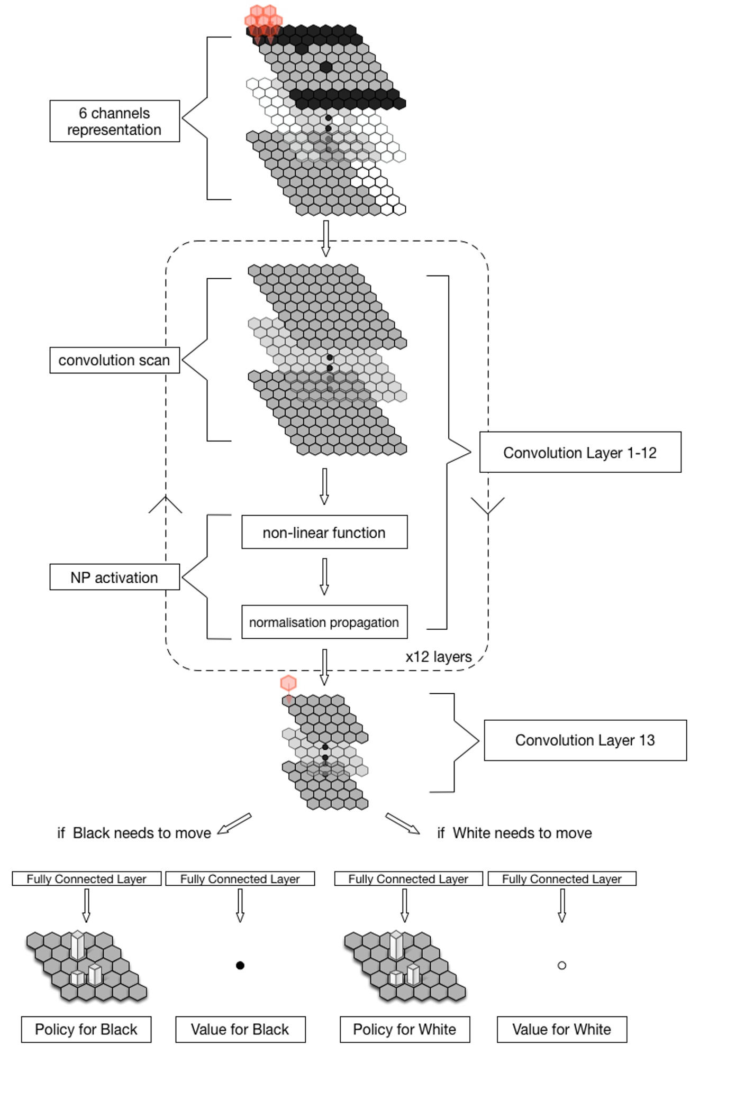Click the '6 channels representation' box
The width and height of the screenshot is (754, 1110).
click(114, 121)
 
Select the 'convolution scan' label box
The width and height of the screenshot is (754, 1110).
click(114, 360)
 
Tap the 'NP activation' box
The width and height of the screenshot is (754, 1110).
click(114, 577)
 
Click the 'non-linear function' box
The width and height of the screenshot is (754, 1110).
click(324, 532)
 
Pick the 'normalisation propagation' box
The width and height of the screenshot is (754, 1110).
click(324, 622)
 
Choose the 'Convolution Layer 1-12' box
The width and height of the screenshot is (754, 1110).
click(580, 452)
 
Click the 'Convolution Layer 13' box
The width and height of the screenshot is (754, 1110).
click(585, 740)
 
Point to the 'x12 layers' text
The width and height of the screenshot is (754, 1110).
click(438, 657)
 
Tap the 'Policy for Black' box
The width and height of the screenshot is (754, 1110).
click(86, 1029)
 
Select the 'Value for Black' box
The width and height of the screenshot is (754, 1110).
click(240, 1029)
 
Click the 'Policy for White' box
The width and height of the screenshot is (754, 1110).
click(404, 1029)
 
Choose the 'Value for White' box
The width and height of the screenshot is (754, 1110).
click(561, 1029)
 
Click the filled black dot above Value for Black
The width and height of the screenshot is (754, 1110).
click(240, 965)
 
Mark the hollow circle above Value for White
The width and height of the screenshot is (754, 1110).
click(562, 965)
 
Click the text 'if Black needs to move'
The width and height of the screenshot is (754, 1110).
click(134, 833)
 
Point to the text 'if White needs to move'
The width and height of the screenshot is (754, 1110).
click(514, 833)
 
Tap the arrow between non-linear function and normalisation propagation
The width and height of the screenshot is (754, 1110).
click(324, 576)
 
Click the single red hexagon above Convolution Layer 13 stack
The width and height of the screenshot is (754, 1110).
click(288, 683)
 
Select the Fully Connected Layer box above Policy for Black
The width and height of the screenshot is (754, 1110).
click(86, 878)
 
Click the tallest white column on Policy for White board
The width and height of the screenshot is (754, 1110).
click(396, 945)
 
